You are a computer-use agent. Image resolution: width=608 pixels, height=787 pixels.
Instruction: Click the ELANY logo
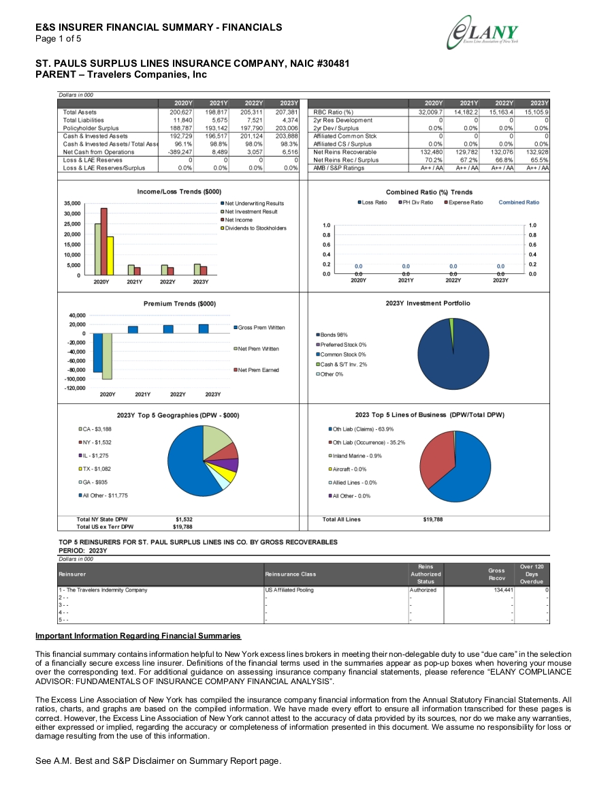click(x=483, y=33)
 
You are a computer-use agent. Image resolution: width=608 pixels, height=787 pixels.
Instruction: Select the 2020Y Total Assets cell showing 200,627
click(x=181, y=112)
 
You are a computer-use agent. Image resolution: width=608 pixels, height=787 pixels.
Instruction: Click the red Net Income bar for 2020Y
click(x=104, y=241)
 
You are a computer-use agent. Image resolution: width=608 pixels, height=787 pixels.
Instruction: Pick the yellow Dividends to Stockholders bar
click(x=110, y=256)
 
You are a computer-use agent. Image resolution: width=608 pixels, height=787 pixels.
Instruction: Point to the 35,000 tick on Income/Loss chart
click(x=72, y=203)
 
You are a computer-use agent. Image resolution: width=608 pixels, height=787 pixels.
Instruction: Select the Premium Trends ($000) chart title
click(x=180, y=304)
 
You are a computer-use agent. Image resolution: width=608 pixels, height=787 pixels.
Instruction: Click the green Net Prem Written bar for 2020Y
click(x=107, y=356)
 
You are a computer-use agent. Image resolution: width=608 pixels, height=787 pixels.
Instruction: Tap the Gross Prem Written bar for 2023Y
click(x=204, y=328)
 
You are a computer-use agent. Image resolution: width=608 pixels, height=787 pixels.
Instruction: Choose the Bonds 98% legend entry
click(x=332, y=335)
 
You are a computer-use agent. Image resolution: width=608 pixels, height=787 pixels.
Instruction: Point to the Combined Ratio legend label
click(x=519, y=202)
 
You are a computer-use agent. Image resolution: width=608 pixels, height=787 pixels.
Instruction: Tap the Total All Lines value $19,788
click(x=432, y=519)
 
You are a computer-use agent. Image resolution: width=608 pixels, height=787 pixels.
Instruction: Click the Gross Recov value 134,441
click(x=503, y=590)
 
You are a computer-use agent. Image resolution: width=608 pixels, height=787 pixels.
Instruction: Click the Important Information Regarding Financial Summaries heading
click(x=138, y=636)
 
